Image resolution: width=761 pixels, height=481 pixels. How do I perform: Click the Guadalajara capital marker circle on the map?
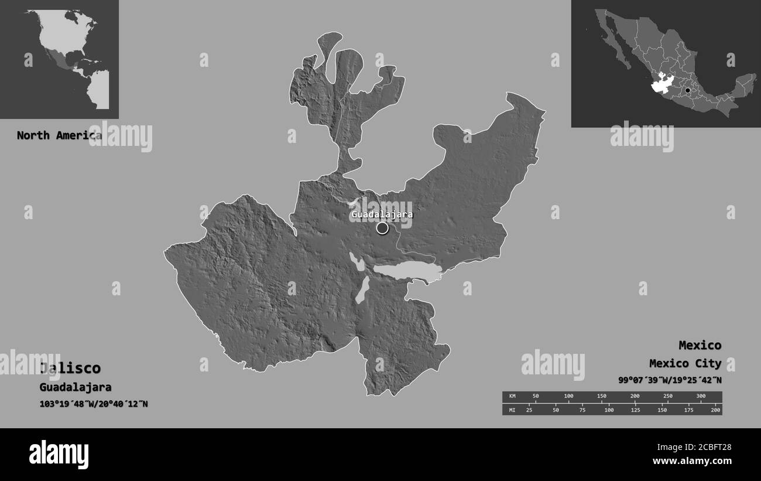382,228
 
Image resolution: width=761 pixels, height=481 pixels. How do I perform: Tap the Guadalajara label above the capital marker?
382,214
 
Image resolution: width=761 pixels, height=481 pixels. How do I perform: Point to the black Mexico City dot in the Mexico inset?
688,91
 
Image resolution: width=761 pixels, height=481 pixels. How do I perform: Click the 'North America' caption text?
59,135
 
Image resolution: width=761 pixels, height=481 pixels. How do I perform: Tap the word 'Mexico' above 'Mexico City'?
700,345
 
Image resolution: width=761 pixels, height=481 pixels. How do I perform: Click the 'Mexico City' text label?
685,363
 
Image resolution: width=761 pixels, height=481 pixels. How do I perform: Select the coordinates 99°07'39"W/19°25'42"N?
670,380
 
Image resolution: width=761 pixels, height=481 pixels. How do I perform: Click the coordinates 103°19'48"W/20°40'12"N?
94,404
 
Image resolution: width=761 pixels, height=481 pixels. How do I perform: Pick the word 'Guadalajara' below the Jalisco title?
76,387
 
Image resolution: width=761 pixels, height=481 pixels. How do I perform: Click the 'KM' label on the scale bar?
512,397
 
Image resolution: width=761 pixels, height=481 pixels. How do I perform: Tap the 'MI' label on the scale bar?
512,410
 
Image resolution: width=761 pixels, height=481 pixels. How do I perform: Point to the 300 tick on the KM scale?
701,397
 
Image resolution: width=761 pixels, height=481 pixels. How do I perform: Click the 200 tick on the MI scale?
715,410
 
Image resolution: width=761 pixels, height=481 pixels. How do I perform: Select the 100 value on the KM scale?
568,397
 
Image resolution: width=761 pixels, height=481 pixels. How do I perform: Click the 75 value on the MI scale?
582,410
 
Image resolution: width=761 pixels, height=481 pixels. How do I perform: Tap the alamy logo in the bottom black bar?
59,455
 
